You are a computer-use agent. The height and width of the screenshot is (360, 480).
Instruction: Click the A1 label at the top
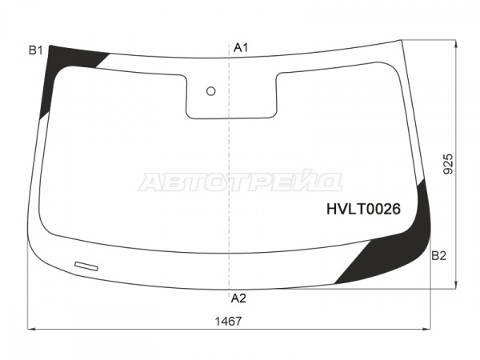click(x=241, y=48)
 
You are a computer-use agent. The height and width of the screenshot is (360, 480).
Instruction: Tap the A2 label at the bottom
click(x=238, y=298)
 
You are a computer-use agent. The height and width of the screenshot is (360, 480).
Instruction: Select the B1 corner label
click(x=36, y=50)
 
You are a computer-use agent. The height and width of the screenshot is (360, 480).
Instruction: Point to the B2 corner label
click(x=439, y=256)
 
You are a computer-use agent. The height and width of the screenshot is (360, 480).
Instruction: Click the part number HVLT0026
click(x=363, y=209)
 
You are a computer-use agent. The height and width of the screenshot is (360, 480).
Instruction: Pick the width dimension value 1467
click(x=228, y=322)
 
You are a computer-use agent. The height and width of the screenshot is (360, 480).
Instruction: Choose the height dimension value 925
click(x=448, y=164)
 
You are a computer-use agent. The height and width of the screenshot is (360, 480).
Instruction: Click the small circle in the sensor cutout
click(x=211, y=91)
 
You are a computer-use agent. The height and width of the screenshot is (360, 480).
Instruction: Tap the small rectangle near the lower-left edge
click(x=86, y=266)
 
